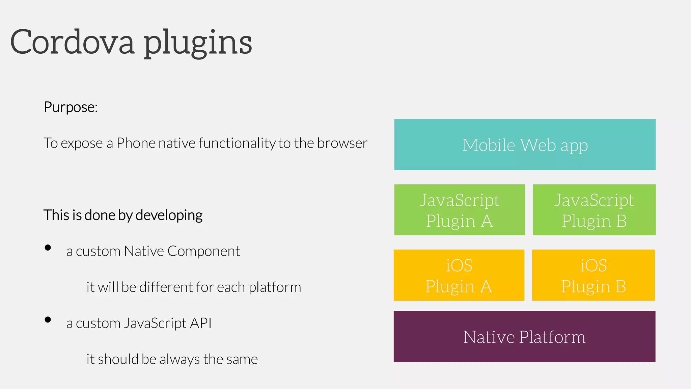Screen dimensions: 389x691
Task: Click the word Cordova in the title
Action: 72,42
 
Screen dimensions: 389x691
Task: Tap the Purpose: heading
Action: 71,107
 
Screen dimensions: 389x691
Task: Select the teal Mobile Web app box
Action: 525,145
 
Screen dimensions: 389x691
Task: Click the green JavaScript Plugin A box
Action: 459,210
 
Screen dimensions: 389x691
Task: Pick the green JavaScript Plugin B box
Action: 594,210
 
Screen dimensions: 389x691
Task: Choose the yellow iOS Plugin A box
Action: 459,275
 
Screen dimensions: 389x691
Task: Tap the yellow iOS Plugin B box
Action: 593,275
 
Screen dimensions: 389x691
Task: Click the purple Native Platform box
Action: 524,336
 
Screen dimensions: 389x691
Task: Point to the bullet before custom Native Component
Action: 48,248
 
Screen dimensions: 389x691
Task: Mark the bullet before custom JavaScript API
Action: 48,320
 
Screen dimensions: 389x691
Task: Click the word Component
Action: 203,251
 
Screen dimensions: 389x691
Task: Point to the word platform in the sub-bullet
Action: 275,287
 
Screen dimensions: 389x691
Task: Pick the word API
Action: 201,323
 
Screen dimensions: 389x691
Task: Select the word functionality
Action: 237,143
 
